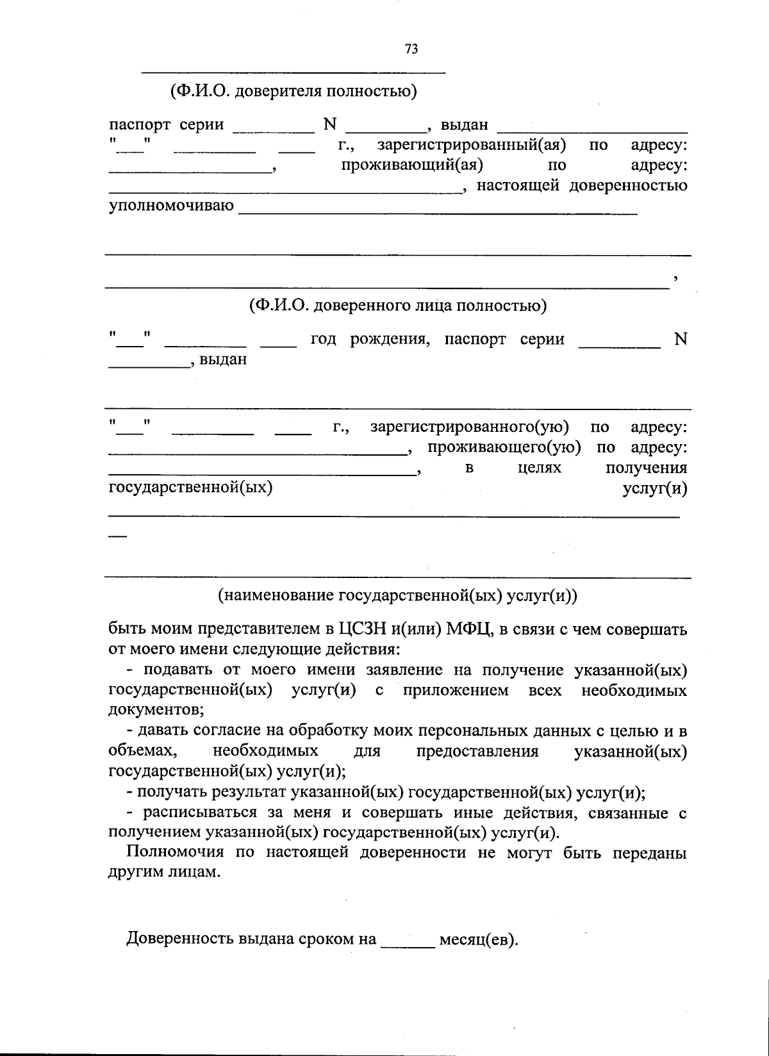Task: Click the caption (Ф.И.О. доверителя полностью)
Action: pyautogui.click(x=294, y=91)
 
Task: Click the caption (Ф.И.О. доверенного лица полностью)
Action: pyautogui.click(x=398, y=305)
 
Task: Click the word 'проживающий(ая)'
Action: pyautogui.click(x=411, y=165)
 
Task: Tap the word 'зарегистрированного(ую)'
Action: pyautogui.click(x=469, y=427)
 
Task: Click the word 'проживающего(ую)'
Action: pyautogui.click(x=504, y=447)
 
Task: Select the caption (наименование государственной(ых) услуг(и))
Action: pyautogui.click(x=398, y=595)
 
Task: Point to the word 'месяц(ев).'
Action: pyautogui.click(x=479, y=940)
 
